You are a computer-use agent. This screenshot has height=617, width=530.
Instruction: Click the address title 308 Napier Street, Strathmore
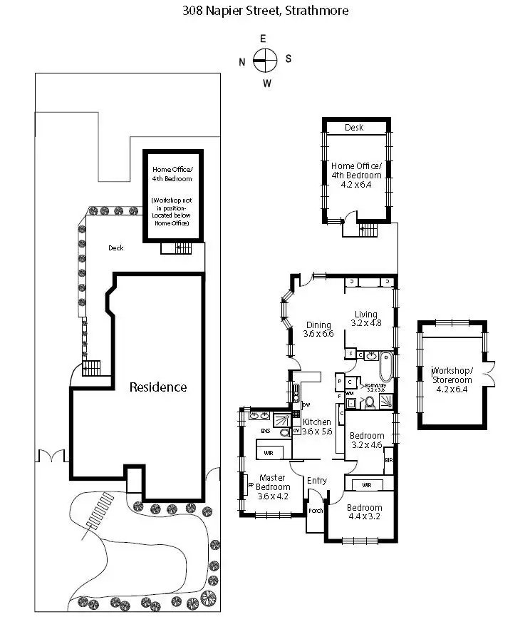click(x=264, y=11)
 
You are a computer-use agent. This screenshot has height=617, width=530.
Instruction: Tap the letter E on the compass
click(x=263, y=39)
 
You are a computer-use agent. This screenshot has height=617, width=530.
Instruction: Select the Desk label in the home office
click(x=354, y=128)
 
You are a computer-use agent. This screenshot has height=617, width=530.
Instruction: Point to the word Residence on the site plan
click(x=157, y=387)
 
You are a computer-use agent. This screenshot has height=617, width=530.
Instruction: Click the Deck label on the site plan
click(x=115, y=248)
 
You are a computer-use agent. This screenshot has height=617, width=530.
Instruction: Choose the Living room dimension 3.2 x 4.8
click(x=365, y=323)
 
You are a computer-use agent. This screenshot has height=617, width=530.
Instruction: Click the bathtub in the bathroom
click(x=385, y=367)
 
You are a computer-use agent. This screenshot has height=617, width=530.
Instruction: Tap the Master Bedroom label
click(x=272, y=482)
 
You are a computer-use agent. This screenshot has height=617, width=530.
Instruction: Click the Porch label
click(x=316, y=511)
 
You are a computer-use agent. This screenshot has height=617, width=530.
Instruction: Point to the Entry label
click(x=317, y=481)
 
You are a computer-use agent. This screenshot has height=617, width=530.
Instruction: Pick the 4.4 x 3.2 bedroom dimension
click(x=365, y=519)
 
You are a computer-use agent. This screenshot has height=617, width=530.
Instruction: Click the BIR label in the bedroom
click(x=388, y=461)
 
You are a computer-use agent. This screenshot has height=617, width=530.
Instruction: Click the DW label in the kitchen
click(x=306, y=405)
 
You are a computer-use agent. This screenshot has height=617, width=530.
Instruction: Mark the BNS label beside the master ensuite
click(x=265, y=432)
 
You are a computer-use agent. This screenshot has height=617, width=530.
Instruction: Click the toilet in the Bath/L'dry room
click(x=369, y=402)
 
